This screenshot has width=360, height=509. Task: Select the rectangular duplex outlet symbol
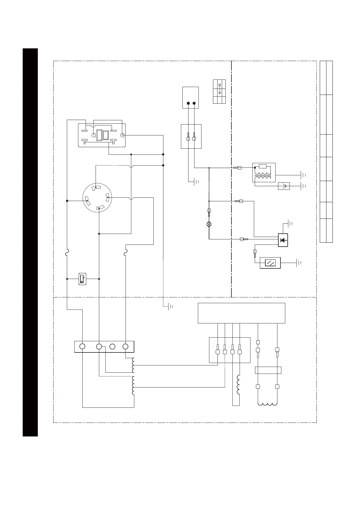coord(102,135)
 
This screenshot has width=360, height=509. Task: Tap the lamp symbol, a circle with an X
coord(209,224)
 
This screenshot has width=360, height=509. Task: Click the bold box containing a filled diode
coord(283,240)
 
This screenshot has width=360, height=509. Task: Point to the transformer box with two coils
coord(264,173)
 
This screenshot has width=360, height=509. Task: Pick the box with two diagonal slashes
coord(270,263)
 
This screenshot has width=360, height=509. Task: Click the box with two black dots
coord(191,97)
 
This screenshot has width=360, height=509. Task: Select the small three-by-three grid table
coord(219,92)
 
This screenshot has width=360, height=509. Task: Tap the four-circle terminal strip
coord(104,346)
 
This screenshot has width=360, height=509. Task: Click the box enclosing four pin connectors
coord(230,350)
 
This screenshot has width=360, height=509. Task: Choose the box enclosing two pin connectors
coord(191,136)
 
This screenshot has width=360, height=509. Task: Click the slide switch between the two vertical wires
coord(82,279)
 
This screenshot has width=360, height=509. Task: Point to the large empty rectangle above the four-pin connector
coord(241,313)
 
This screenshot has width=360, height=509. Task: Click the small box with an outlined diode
coord(284,186)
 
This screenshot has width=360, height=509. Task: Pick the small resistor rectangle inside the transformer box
coord(263,166)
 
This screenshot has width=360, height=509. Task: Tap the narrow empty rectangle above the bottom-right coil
coord(268,370)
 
